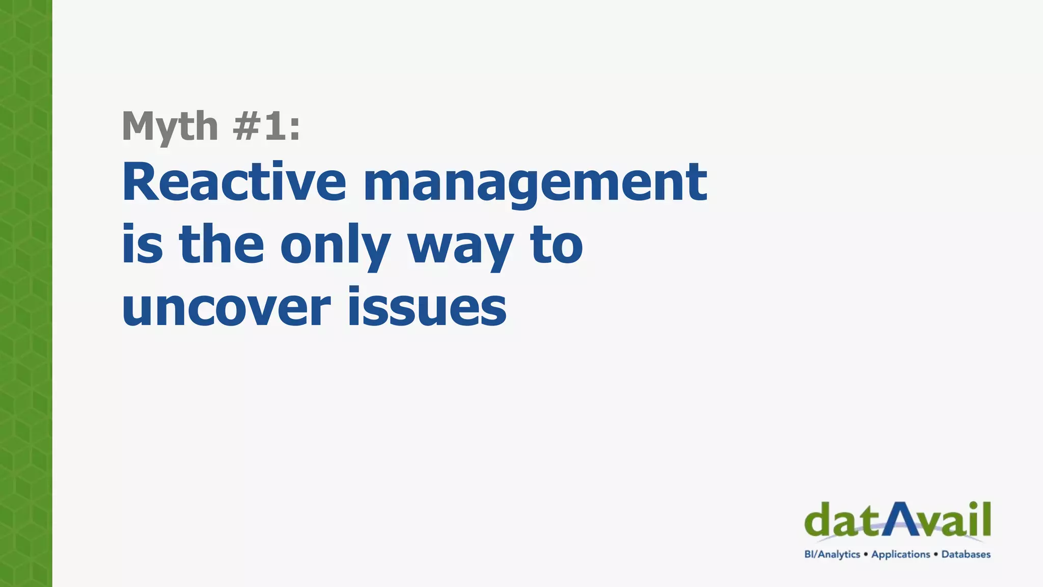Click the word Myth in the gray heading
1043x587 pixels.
click(170, 126)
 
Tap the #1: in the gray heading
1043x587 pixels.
click(266, 126)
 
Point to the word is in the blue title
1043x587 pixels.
click(142, 245)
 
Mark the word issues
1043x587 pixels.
click(427, 307)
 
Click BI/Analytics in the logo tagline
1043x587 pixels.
click(832, 554)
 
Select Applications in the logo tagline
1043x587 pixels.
click(900, 554)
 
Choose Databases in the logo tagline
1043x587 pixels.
click(966, 554)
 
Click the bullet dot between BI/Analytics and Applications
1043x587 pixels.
click(866, 554)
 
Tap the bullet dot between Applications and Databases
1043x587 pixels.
click(936, 554)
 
